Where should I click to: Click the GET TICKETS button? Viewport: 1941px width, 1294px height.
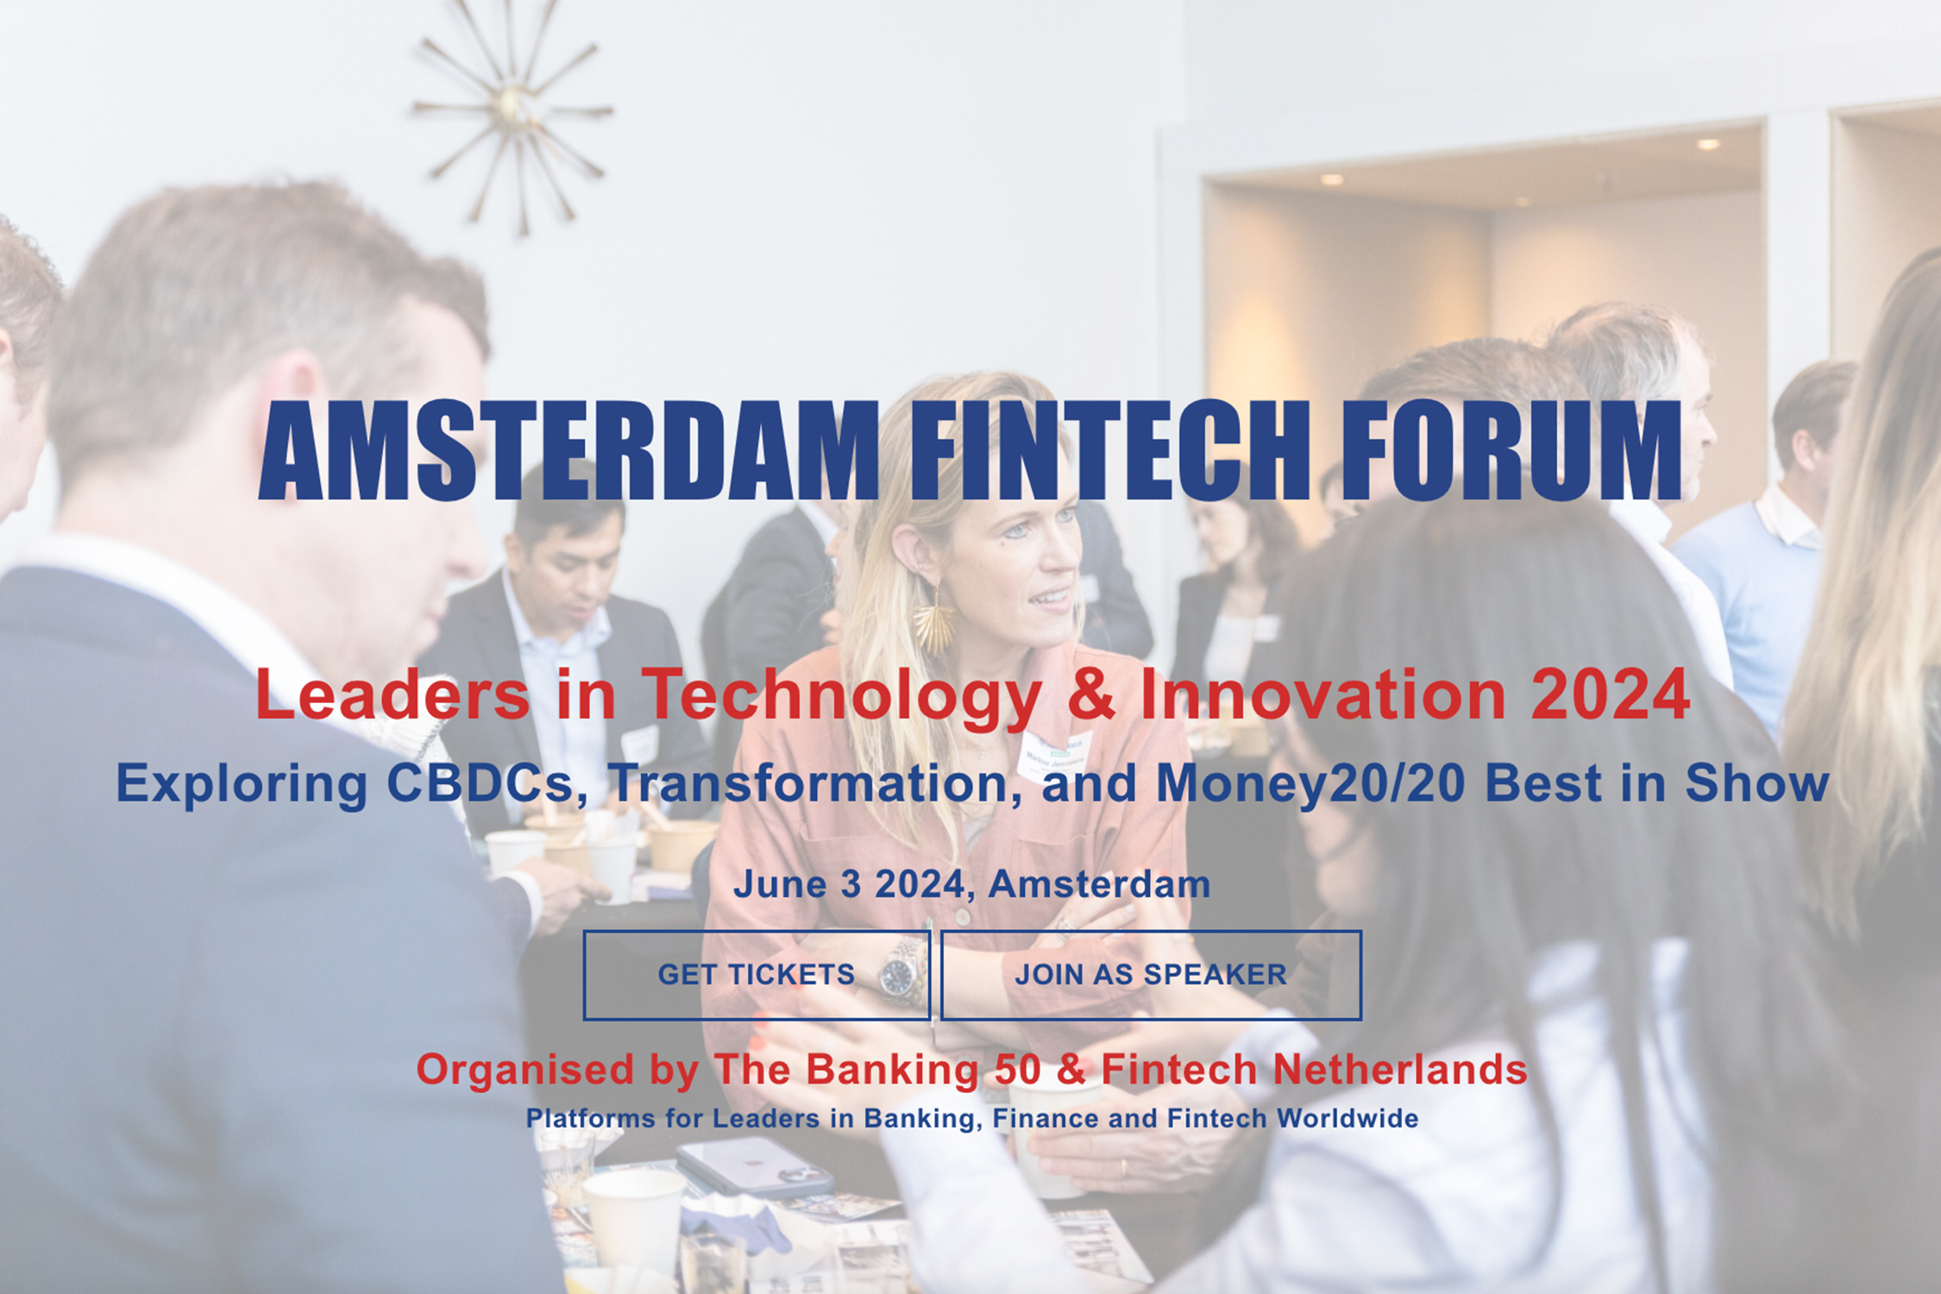coord(757,975)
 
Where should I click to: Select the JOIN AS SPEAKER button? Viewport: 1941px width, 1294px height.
coord(1151,975)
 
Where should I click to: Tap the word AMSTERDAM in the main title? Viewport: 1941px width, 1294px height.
coord(568,450)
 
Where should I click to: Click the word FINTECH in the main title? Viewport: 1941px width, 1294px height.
coord(1110,450)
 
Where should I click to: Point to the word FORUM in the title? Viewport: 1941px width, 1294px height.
coord(1511,450)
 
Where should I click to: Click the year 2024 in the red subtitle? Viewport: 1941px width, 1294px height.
coord(1610,695)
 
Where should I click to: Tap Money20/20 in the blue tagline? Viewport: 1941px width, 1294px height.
coord(1310,783)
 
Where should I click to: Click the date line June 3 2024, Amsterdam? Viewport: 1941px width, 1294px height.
coord(972,884)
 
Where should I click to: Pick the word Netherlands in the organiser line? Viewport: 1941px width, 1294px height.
coord(1400,1070)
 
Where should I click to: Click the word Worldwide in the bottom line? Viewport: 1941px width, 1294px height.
coord(1347,1118)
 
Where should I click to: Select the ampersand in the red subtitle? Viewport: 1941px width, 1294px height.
coord(1091,695)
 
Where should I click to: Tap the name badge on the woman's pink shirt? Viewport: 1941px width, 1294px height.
coord(1054,755)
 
